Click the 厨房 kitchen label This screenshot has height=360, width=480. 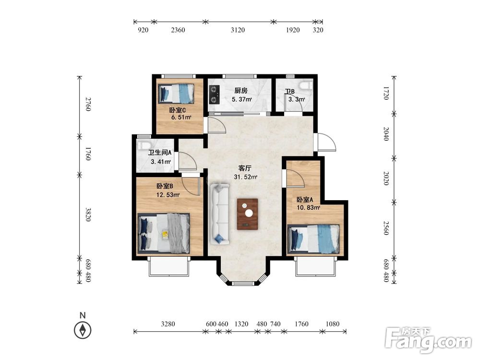[241, 91]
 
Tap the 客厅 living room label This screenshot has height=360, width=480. [245, 168]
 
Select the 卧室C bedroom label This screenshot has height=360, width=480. [178, 110]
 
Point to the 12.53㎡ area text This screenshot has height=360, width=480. [168, 195]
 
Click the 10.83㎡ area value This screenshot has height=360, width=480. [308, 207]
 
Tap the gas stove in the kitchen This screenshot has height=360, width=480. [214, 94]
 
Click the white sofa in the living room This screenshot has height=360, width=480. [220, 214]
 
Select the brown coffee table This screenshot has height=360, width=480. [247, 214]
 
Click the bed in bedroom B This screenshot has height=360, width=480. [164, 233]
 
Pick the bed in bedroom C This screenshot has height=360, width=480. [176, 94]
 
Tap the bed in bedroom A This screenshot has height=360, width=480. [313, 239]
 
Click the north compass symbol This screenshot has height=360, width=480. [83, 330]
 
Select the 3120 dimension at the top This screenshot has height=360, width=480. [238, 30]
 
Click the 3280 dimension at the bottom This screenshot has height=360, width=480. [168, 324]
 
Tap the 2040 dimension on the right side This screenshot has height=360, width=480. [386, 134]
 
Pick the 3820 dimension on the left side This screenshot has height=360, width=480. [88, 215]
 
